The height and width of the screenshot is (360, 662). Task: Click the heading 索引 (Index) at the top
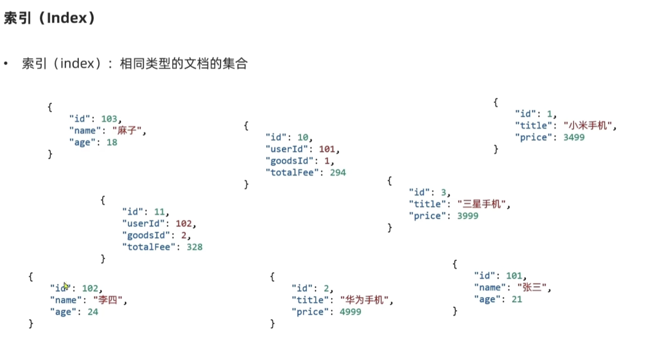pos(49,18)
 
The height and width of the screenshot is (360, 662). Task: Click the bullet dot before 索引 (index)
pos(6,63)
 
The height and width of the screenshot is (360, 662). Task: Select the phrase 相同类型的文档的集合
pos(184,63)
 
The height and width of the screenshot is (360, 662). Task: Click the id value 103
pos(109,119)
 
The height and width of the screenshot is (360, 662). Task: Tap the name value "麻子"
pos(127,130)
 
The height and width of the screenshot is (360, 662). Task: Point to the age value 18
pos(112,142)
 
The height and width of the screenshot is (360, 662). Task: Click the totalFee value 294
pos(338,173)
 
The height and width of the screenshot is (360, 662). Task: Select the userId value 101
pos(327,149)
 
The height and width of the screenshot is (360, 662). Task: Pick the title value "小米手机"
pos(588,126)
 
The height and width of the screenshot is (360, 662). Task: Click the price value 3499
pos(574,137)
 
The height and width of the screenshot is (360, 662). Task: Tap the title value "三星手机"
pos(482,204)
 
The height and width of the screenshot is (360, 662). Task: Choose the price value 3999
pos(468,216)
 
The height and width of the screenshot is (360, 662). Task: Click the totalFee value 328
pos(194,247)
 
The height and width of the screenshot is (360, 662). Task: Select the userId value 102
pos(184,223)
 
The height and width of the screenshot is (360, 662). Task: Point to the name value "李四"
pos(108,300)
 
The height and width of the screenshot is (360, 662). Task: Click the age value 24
pos(93,312)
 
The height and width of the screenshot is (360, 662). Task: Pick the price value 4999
pos(350,312)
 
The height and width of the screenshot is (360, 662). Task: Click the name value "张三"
pos(532,287)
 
